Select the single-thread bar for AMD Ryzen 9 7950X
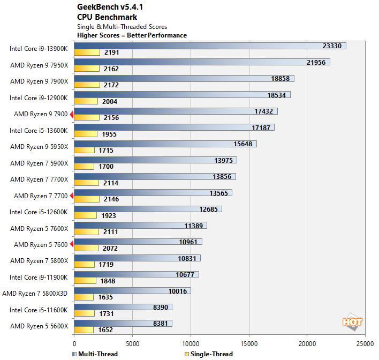coord(87,69)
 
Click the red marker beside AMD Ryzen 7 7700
coord(72,196)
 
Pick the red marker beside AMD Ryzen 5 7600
coord(72,245)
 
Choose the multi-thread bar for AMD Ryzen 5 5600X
coord(123,323)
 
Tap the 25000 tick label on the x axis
coord(365,343)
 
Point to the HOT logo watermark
coord(353,321)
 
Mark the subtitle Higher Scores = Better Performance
coord(132,35)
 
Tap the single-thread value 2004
coord(109,102)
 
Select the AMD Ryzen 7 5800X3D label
coord(35,293)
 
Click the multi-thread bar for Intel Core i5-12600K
coord(148,209)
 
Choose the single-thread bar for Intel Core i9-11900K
coord(85,281)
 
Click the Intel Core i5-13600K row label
coord(39,130)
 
